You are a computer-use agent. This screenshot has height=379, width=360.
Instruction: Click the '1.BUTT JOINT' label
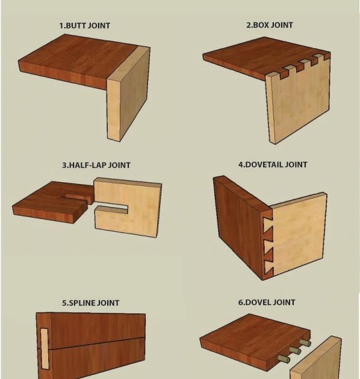pos(84,26)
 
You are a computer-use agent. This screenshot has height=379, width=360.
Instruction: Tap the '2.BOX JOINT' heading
pos(270,25)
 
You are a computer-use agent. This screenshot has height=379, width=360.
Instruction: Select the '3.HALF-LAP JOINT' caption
pos(96,165)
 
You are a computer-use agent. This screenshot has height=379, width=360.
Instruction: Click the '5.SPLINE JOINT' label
pos(90,303)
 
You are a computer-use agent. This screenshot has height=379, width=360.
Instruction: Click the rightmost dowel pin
pos(305,344)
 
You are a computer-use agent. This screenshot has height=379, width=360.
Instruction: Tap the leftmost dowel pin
pos(282,360)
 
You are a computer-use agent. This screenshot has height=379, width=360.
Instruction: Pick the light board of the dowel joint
pos(325,361)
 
